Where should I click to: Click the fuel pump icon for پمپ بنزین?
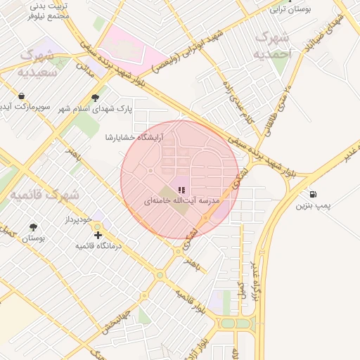coord(312,194)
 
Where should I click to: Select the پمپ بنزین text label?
coord(312,206)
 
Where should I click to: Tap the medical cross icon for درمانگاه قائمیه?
coord(98,234)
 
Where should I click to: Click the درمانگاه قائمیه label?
coord(98,246)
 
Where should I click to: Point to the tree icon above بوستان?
coord(33,227)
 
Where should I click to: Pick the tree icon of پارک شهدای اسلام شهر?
coord(96,98)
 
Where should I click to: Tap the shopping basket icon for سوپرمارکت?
coord(22,96)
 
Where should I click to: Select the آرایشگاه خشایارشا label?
coord(134,137)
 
